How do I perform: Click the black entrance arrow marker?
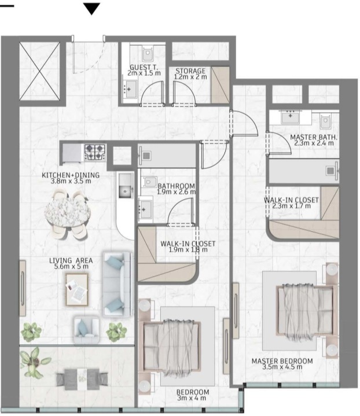tap(91, 8)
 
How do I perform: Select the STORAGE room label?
tap(190, 71)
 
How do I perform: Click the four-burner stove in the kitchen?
tap(95, 153)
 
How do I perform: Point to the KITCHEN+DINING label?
tap(71, 175)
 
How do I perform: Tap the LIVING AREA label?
tap(71, 260)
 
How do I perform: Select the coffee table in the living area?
tap(77, 289)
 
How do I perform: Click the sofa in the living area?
tap(117, 284)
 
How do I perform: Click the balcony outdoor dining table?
tap(82, 379)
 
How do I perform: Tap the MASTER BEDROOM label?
tap(282, 361)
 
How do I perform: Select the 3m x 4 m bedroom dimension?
tap(192, 398)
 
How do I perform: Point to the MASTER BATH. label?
tap(314, 137)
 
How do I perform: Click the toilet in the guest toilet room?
tap(147, 54)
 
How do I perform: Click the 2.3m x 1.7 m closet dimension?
tap(292, 206)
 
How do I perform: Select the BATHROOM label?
tap(176, 186)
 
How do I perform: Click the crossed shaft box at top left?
tap(40, 71)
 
